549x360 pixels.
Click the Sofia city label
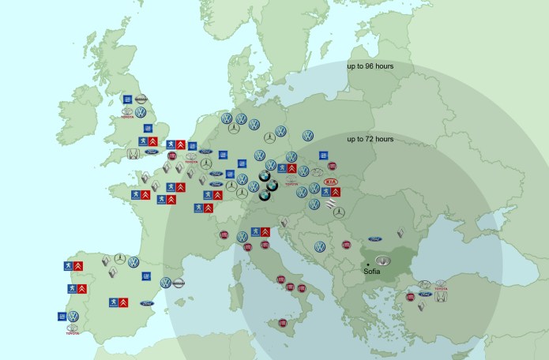tap(371, 271)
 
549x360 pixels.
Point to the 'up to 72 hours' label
tap(370, 139)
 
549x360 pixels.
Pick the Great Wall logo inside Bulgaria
tap(383, 261)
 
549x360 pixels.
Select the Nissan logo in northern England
tap(141, 99)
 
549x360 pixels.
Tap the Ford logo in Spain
tap(147, 302)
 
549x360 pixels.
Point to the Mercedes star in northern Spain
tap(119, 260)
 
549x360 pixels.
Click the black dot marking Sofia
tap(368, 264)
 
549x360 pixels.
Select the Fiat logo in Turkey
tap(412, 297)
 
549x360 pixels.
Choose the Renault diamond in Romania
tap(400, 234)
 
